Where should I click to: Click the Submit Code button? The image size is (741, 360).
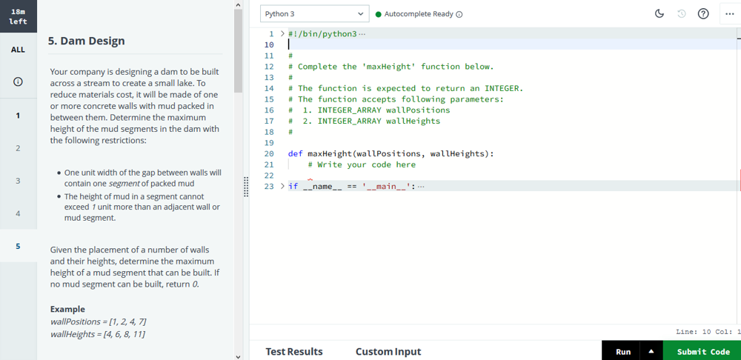tap(702, 352)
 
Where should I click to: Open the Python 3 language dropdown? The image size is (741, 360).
tap(314, 14)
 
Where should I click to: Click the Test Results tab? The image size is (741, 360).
tap(294, 352)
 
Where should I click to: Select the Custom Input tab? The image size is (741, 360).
tap(388, 352)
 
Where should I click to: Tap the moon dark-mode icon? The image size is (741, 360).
tap(659, 13)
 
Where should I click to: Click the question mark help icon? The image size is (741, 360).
tap(703, 13)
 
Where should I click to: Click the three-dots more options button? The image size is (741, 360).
tap(729, 13)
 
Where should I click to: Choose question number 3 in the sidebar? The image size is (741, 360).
tap(18, 181)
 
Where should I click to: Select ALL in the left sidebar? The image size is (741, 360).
tap(18, 50)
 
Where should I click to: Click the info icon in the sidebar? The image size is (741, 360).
tap(18, 81)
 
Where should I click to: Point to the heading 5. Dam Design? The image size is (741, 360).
tap(87, 41)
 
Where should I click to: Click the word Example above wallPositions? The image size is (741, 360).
tap(67, 310)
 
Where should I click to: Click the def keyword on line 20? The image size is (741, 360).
tap(296, 153)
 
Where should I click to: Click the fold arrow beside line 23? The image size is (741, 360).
tap(282, 186)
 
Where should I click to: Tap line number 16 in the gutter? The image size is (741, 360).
tap(269, 110)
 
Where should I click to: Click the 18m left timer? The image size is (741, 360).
tap(18, 16)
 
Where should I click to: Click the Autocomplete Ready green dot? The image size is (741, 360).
tap(378, 14)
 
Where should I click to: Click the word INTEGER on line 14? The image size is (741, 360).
tap(503, 88)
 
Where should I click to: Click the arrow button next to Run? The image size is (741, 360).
tap(651, 352)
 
